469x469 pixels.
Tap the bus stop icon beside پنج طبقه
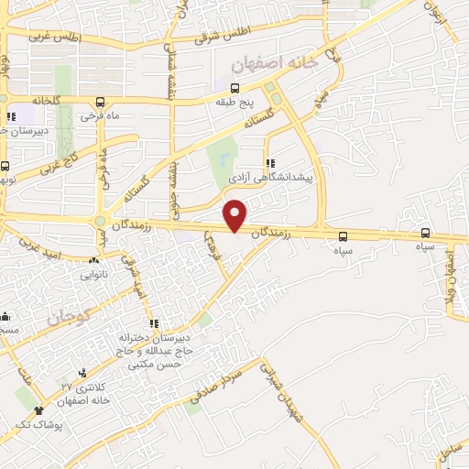[235, 89]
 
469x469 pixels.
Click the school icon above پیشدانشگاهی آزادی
[269, 163]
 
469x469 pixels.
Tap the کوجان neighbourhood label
[68, 317]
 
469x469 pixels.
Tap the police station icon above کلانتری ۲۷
[83, 373]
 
